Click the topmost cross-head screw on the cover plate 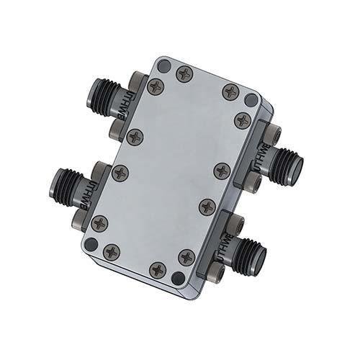pos(185,73)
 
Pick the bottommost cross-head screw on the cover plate pos(158,270)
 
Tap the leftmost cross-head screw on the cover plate pos(99,224)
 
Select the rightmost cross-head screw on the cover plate pos(243,121)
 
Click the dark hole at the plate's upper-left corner pos(163,66)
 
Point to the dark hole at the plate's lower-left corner pos(91,245)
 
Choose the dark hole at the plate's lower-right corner pos(178,278)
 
